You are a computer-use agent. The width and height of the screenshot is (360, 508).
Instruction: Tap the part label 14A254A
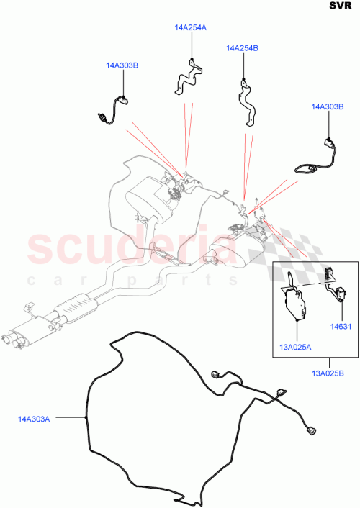190,28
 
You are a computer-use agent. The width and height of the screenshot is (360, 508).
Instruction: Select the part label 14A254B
242,48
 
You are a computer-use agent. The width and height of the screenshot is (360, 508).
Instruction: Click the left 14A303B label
122,66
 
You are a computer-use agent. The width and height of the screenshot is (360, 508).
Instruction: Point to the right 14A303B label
328,106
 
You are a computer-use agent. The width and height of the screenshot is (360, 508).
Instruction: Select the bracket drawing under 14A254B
247,101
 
